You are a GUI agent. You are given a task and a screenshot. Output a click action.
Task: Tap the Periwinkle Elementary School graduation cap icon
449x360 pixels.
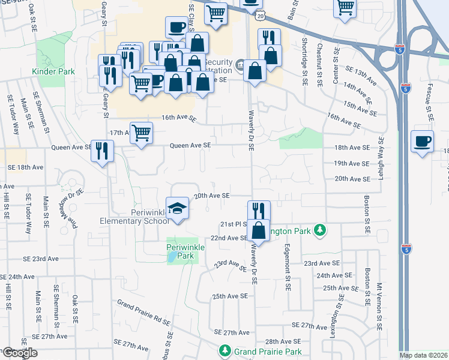pos(177,208)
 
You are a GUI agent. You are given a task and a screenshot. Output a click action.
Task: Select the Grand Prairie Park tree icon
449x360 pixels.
pos(224,350)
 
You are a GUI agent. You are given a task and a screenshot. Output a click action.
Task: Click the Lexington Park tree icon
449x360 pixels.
pos(321,230)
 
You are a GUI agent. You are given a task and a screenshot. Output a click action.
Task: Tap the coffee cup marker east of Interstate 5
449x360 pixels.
pos(423,142)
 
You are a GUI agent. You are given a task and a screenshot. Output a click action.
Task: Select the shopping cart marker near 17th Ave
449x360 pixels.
pos(141,133)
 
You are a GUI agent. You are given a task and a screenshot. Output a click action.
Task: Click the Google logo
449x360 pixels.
pos(19,353)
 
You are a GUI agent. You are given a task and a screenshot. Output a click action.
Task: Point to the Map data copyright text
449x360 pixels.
pos(423,355)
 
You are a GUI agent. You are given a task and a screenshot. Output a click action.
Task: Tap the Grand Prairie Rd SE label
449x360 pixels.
pos(143,312)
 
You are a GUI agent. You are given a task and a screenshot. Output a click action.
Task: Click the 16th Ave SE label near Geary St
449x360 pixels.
pos(178,119)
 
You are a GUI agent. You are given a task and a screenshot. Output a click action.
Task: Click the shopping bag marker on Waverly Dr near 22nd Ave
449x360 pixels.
pos(258,230)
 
